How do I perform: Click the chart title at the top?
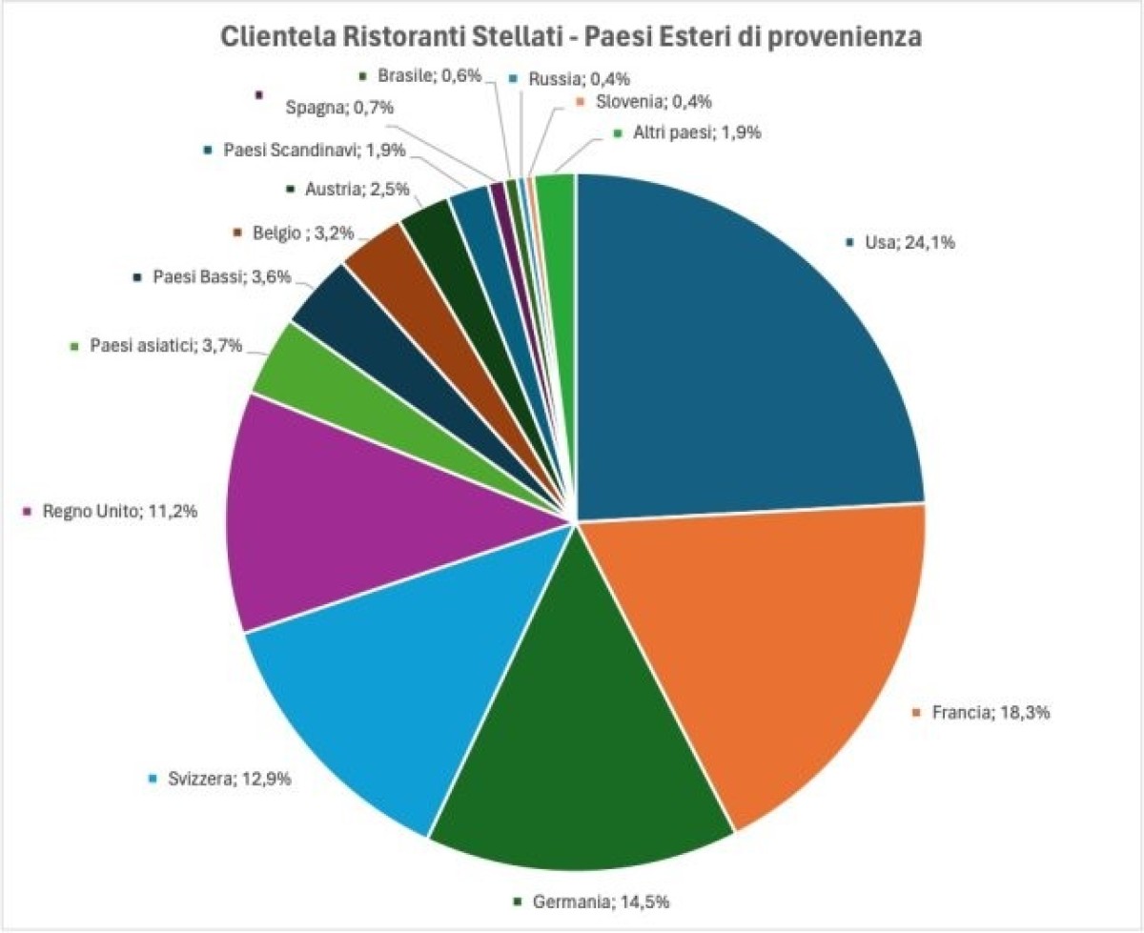pos(571,37)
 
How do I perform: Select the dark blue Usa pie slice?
pos(744,343)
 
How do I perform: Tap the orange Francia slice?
pos(763,648)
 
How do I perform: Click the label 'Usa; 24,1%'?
pos(909,242)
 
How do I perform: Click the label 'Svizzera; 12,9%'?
pos(225,779)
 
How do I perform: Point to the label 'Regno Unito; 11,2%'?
pos(118,512)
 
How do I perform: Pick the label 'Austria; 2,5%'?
pos(357,189)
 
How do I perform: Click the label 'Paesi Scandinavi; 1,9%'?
pos(315,150)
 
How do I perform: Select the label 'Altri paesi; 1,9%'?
pos(696,133)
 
